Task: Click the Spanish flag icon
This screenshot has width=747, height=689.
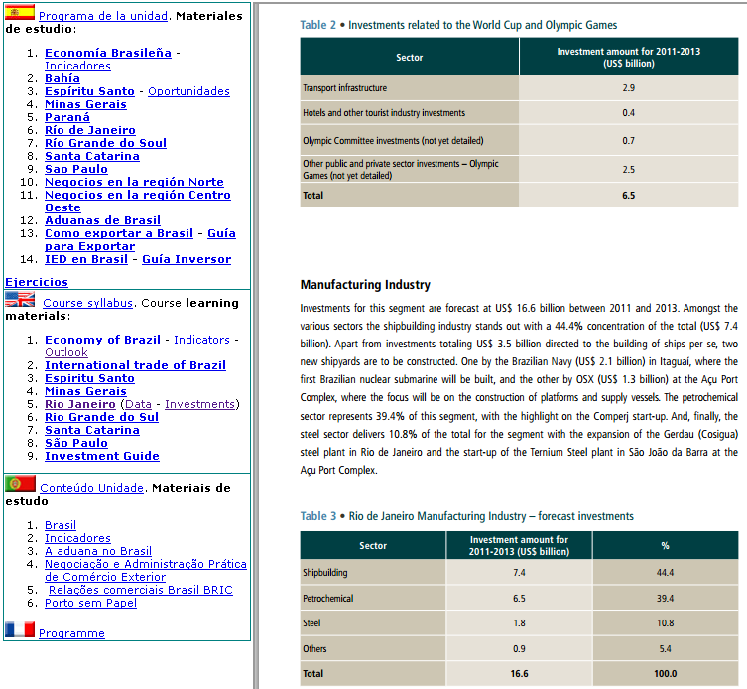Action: [19, 14]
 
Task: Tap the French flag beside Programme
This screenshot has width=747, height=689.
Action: [19, 630]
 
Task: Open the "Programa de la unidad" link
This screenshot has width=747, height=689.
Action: [102, 16]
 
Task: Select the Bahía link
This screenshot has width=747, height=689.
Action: [62, 78]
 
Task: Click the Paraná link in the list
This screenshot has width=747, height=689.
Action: [67, 117]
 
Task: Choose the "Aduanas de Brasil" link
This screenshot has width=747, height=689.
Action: [102, 220]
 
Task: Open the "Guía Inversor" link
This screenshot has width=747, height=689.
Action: [187, 259]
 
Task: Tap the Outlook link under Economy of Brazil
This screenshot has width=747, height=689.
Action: [65, 352]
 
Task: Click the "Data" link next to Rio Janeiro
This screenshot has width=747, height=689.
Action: [138, 404]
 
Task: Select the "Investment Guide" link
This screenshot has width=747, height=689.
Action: [101, 456]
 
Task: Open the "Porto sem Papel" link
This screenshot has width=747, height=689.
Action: [90, 603]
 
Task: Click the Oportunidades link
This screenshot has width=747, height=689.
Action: [188, 91]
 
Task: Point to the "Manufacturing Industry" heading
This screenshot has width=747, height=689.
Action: [365, 285]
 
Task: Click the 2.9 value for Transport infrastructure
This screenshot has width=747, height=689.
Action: [628, 88]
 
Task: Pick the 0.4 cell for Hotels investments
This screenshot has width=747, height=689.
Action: [628, 113]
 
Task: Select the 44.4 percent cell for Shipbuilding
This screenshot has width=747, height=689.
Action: [665, 572]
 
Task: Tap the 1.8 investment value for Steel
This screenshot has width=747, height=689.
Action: [519, 623]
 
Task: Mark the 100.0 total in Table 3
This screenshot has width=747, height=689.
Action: [665, 674]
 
